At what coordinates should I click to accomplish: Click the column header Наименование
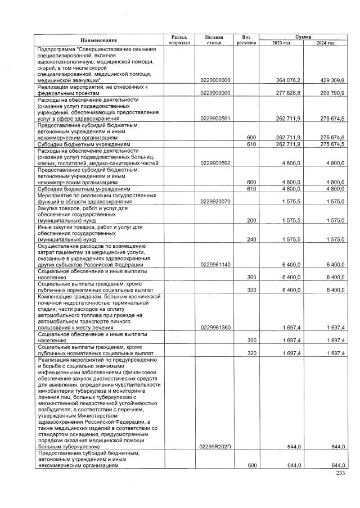98,40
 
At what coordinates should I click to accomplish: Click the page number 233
339,474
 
